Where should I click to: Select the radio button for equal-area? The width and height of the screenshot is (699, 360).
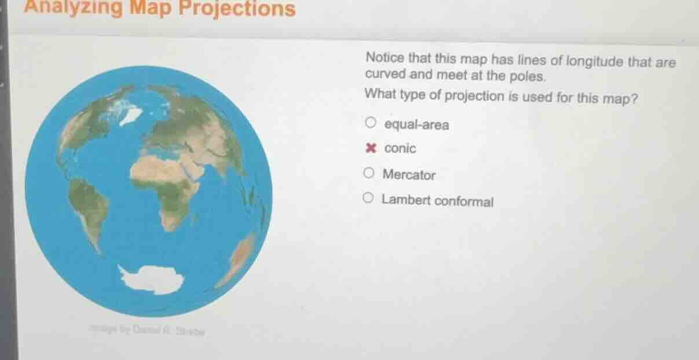pos(370,123)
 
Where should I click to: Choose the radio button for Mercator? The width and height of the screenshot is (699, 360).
pos(369,173)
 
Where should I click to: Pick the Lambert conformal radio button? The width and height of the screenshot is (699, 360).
pos(369,200)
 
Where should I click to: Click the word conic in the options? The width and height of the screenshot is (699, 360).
pos(400,149)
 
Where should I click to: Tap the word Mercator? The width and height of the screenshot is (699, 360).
pos(409,174)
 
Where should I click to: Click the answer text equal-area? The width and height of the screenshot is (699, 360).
pos(416,124)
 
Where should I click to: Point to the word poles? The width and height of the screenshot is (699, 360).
pos(526,76)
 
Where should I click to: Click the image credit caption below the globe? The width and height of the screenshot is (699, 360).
pos(147,331)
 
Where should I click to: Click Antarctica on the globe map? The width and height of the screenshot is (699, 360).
pos(152,279)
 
